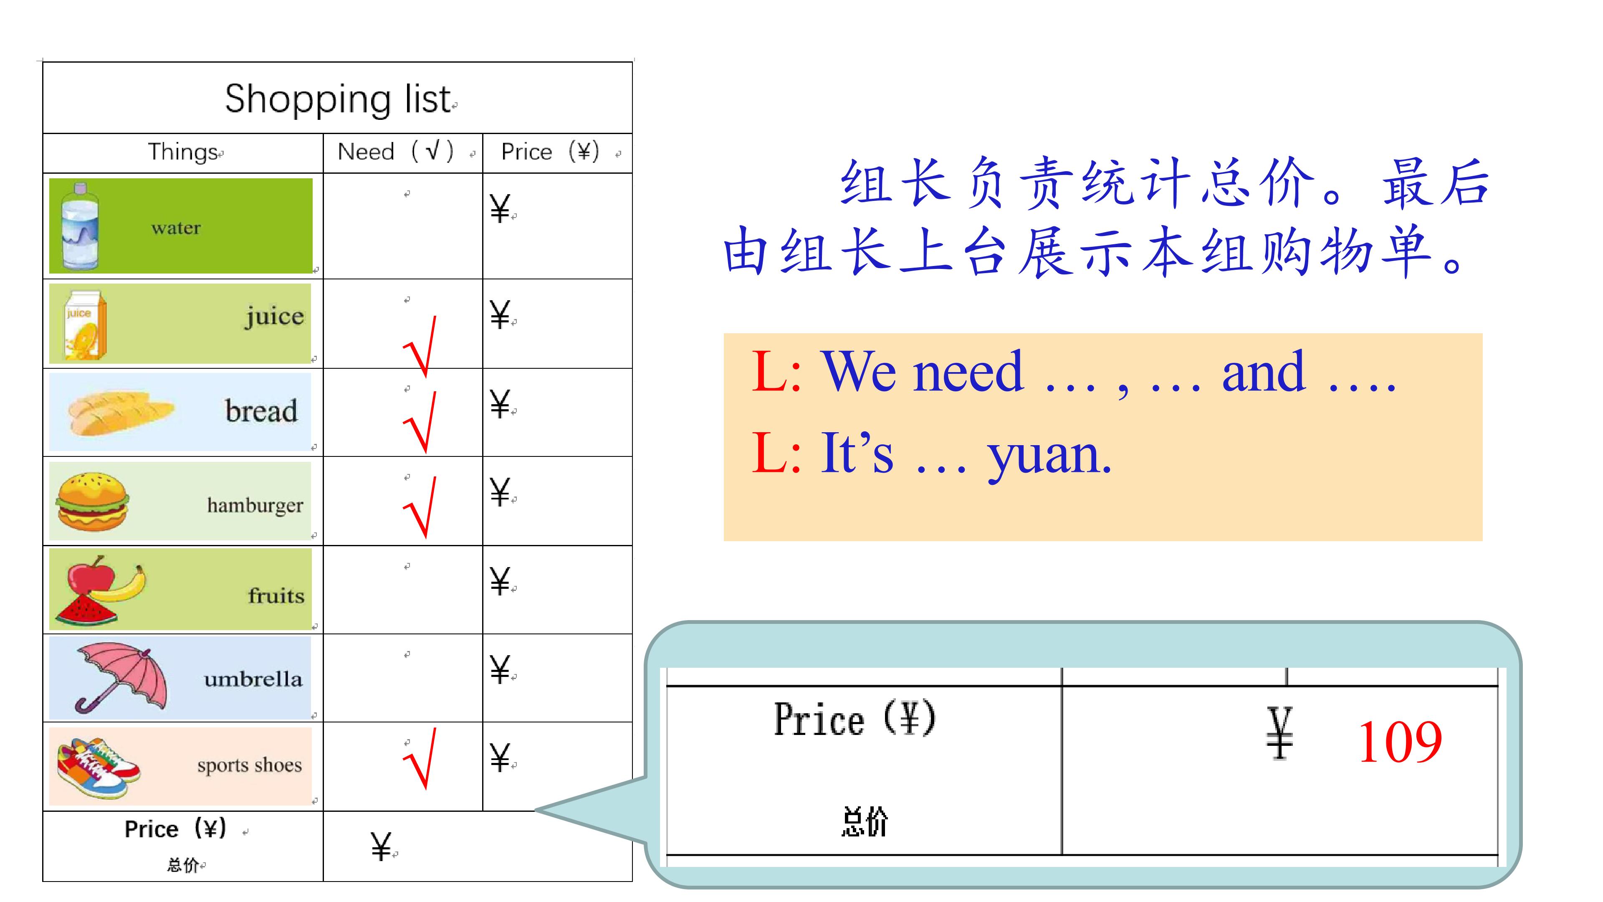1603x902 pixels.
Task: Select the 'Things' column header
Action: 183,152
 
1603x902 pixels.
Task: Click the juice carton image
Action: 85,325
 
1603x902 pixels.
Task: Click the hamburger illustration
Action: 93,502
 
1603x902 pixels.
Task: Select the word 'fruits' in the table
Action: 276,596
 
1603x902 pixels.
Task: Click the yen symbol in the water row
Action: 500,208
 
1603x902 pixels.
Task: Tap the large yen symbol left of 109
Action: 1279,733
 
